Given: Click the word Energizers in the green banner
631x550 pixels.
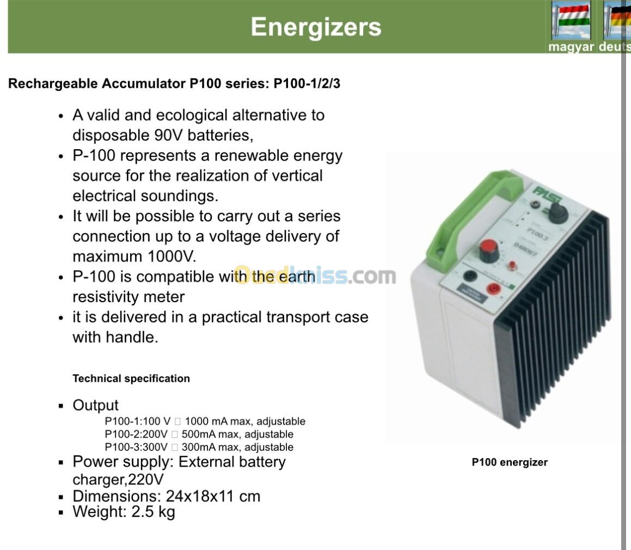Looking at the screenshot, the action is tap(316, 27).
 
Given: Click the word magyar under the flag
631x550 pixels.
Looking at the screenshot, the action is tap(571, 47).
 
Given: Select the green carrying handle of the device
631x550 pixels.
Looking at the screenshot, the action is tap(471, 217).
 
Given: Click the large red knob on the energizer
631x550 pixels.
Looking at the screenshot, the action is tap(488, 250).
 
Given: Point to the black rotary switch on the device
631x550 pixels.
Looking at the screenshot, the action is tap(558, 213).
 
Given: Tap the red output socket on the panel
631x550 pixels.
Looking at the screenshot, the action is tap(493, 288).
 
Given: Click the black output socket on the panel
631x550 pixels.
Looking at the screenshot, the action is tap(469, 276).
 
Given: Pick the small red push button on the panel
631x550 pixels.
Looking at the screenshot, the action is tap(512, 265).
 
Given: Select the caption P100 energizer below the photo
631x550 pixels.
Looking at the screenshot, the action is tap(510, 462).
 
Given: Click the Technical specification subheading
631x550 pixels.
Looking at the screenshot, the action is tap(131, 378).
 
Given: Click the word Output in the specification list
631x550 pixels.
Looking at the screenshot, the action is tap(95, 405).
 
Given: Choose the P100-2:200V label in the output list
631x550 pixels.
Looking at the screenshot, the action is tap(136, 435).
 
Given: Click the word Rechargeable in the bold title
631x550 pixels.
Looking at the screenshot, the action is tap(53, 84).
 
